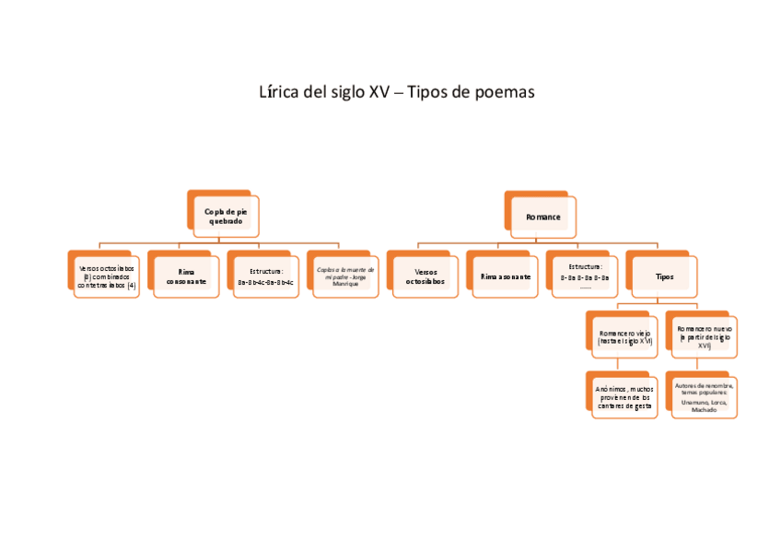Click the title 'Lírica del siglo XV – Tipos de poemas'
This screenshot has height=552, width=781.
(396, 93)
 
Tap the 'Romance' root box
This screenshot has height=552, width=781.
(542, 217)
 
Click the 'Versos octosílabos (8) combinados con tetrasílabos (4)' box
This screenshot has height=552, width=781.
(107, 276)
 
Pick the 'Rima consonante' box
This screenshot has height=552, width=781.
(186, 276)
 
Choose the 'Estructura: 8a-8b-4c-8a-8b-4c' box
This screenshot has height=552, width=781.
(265, 276)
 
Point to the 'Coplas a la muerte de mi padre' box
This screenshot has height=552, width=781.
(344, 276)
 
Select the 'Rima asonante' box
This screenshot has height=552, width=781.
(505, 276)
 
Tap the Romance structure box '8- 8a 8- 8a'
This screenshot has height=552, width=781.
(584, 276)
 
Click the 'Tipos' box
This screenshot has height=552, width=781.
(664, 276)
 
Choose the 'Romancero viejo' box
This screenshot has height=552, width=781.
(624, 336)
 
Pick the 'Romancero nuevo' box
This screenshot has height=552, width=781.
(703, 336)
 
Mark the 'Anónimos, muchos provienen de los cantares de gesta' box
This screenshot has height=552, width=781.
(624, 396)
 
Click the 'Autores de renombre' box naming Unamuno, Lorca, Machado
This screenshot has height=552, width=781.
(703, 396)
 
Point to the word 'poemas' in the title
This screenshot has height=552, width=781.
(505, 93)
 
